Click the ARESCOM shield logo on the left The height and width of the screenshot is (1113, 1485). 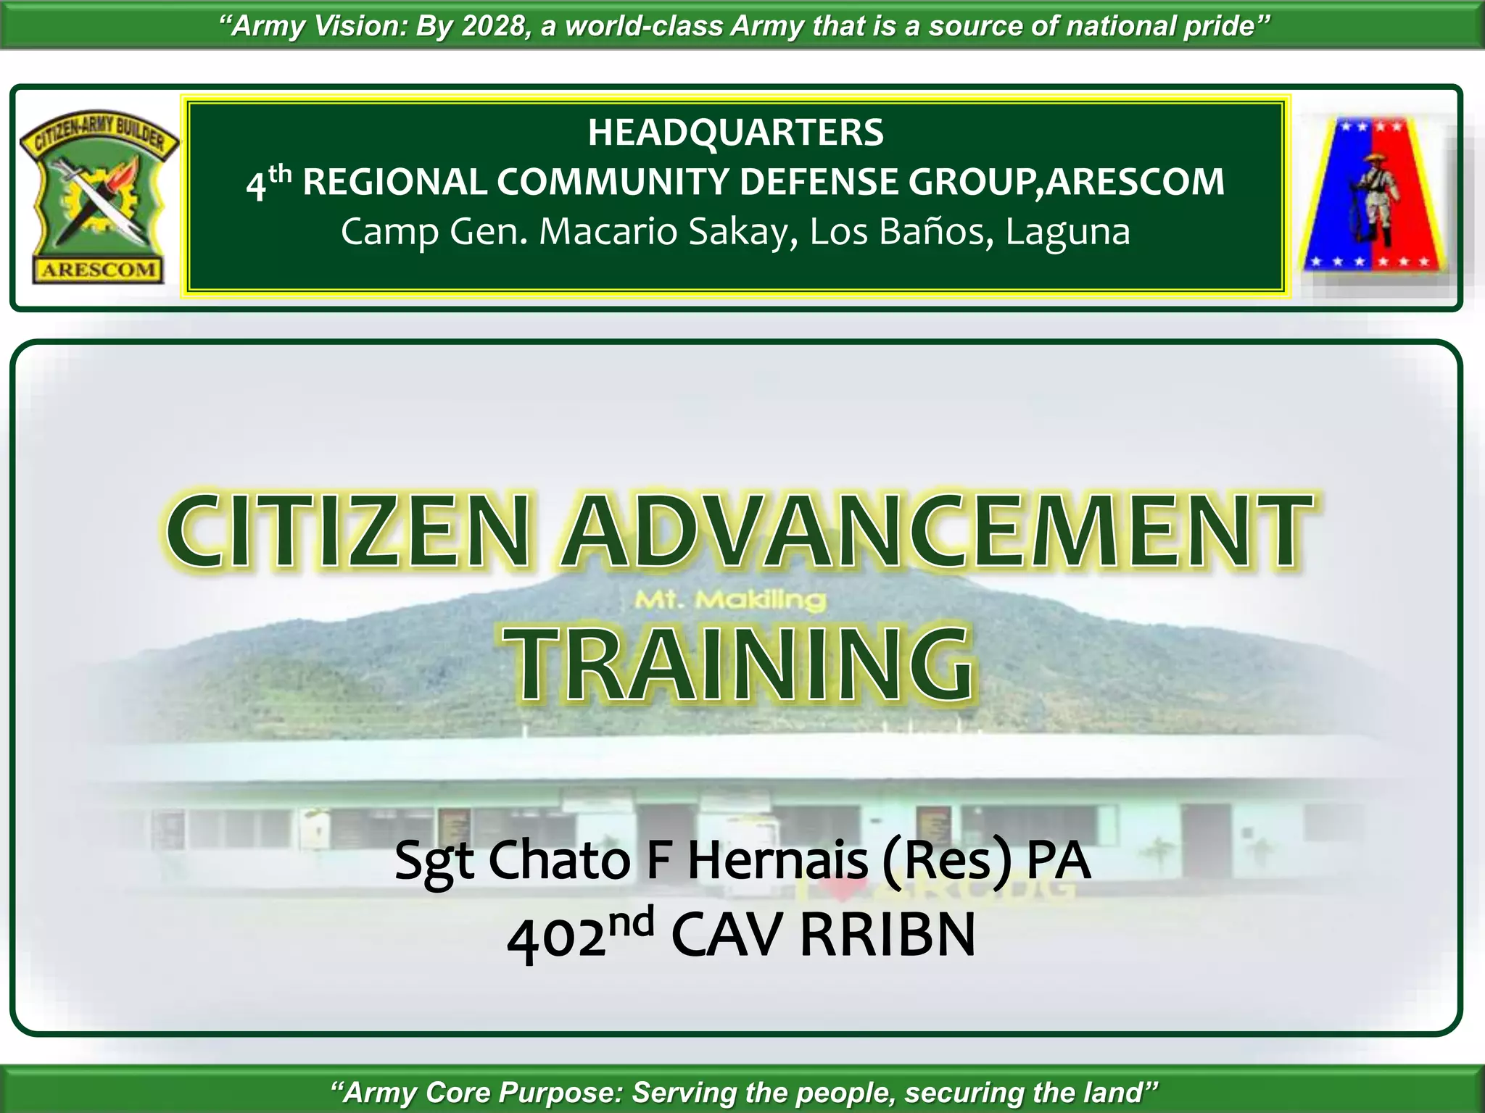(x=99, y=199)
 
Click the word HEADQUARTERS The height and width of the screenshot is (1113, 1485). (x=735, y=133)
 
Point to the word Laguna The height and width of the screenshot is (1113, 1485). (x=1067, y=233)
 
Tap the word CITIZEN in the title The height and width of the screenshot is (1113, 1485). (x=348, y=531)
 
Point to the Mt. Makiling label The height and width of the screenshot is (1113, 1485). (x=730, y=600)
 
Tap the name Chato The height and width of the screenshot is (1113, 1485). (x=559, y=860)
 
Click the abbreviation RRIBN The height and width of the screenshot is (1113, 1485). (x=888, y=935)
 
